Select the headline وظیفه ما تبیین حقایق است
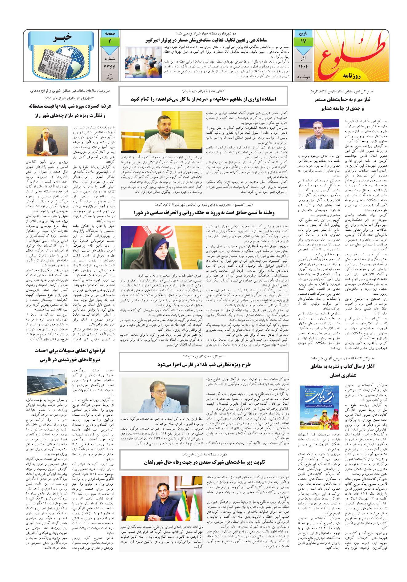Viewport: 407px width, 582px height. click(204, 212)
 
